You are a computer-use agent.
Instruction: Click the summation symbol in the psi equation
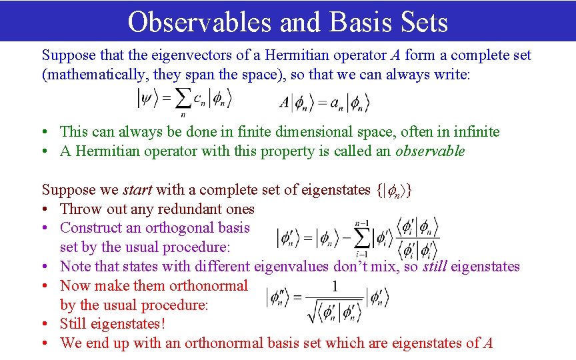pos(183,100)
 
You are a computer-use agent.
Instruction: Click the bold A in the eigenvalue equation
pos(285,103)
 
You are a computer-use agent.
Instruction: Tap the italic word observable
pos(430,151)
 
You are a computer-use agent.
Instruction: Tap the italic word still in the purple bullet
pos(435,267)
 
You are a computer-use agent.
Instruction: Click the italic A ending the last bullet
pos(488,343)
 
